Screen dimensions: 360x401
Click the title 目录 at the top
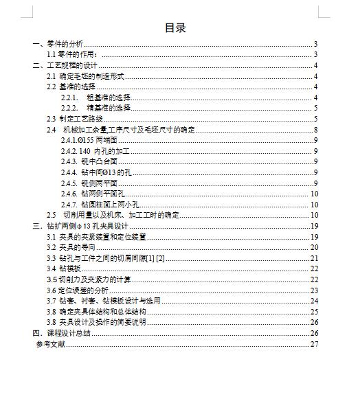click(175, 28)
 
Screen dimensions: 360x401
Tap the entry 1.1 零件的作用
click(72, 54)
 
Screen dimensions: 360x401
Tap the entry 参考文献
click(51, 343)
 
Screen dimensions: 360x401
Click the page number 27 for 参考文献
click(314, 343)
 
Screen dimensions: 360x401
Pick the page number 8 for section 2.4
click(315, 129)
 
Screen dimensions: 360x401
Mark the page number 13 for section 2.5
click(314, 215)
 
